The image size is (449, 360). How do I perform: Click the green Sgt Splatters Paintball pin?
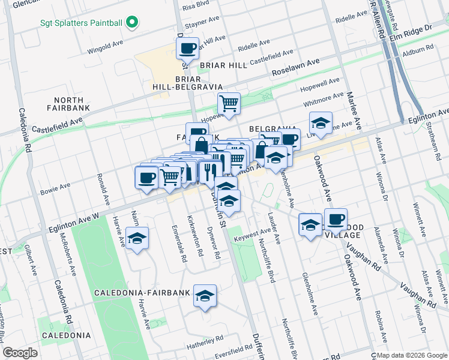(131, 23)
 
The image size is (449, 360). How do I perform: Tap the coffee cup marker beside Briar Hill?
(187, 48)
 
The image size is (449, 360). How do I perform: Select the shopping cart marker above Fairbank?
(229, 104)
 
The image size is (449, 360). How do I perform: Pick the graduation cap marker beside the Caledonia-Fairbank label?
(205, 295)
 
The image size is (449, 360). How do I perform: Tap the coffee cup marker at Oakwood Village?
(336, 219)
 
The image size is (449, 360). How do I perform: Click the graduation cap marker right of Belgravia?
(321, 123)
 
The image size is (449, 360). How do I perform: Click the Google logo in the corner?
(20, 353)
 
